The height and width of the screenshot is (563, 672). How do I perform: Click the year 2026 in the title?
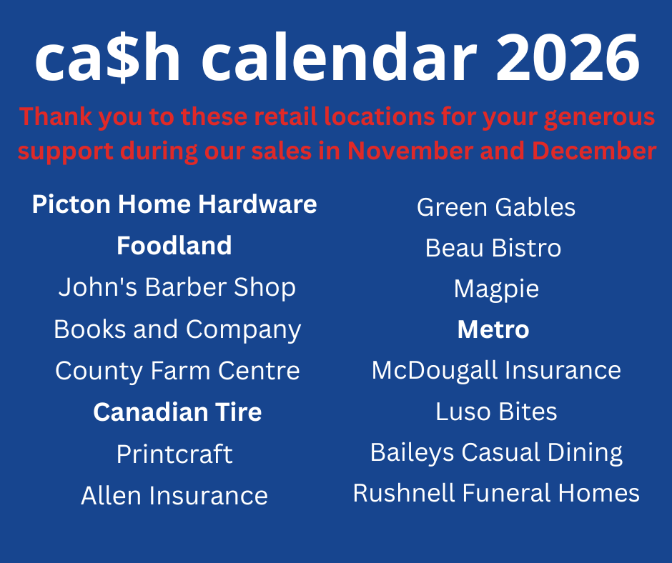[568, 57]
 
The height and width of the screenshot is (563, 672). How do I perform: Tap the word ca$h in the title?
[107, 57]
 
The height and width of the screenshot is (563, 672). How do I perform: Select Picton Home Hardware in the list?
[174, 204]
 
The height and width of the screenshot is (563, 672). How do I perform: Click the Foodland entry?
[174, 246]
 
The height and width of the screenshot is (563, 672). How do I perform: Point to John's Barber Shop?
[177, 287]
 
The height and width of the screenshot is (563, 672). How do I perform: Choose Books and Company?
[177, 329]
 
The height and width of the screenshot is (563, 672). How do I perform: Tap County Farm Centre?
[177, 371]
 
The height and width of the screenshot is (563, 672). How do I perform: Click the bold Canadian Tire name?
[177, 412]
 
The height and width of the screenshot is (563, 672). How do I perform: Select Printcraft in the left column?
[174, 454]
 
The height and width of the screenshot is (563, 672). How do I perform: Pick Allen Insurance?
[174, 496]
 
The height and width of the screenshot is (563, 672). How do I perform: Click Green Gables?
[496, 207]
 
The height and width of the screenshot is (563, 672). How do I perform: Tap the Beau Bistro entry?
[493, 248]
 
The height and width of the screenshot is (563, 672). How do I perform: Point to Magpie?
[496, 289]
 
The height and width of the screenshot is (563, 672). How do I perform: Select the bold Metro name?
[493, 329]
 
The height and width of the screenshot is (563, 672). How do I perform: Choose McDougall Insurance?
[496, 371]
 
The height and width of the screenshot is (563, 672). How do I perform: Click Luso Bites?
[496, 412]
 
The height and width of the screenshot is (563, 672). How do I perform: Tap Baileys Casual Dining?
[496, 453]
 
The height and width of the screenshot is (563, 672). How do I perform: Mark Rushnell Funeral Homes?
[496, 493]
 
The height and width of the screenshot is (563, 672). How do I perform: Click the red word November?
[410, 151]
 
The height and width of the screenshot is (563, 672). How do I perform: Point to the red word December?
[594, 151]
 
